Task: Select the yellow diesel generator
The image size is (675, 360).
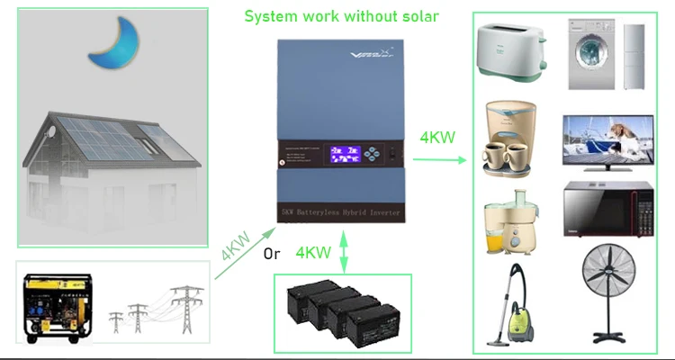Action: tap(58, 305)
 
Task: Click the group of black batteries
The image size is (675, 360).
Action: tap(342, 310)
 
